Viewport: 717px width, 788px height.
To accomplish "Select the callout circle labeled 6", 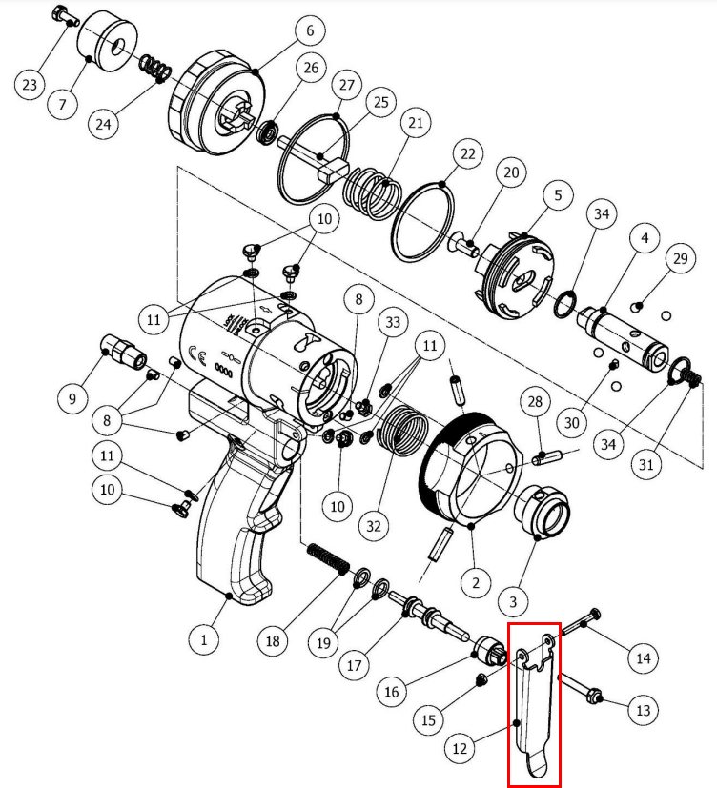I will [310, 30].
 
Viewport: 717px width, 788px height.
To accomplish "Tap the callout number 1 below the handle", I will [203, 639].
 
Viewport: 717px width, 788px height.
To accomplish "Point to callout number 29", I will [680, 259].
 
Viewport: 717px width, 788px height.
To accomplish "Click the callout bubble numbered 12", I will [461, 749].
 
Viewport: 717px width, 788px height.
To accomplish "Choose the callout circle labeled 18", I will [274, 641].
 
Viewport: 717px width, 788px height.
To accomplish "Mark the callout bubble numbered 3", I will [514, 601].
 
